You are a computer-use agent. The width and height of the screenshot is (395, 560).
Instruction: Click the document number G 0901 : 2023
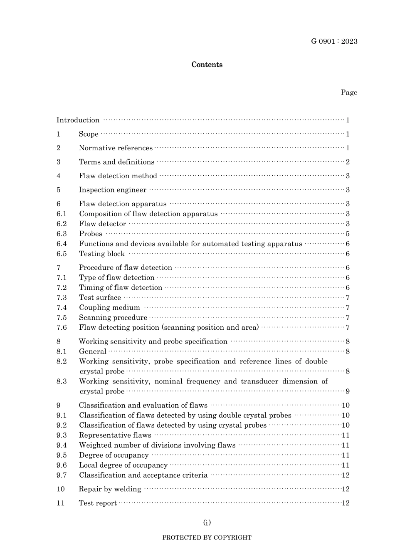click(x=334, y=41)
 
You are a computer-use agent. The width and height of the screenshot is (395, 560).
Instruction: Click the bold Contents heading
click(x=207, y=65)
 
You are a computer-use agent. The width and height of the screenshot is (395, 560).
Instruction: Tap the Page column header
click(x=348, y=92)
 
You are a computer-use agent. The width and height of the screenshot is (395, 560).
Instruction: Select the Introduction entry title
click(x=78, y=120)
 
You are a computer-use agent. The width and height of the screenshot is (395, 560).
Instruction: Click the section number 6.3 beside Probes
click(x=62, y=234)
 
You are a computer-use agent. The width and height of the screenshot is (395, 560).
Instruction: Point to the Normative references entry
click(x=116, y=148)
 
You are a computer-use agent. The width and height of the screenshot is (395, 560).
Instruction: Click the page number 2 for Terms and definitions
click(x=348, y=162)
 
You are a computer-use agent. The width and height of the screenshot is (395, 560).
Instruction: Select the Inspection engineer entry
click(x=112, y=190)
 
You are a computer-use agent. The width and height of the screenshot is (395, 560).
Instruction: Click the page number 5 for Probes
click(x=348, y=234)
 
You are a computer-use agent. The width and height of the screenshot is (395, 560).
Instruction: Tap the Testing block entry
click(x=101, y=254)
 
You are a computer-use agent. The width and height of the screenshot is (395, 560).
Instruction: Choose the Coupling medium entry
click(x=109, y=308)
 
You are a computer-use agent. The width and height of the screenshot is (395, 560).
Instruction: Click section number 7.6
click(x=62, y=328)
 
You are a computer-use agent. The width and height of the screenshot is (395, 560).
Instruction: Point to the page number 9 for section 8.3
click(x=348, y=391)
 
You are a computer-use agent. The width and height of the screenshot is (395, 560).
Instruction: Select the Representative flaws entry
click(x=115, y=435)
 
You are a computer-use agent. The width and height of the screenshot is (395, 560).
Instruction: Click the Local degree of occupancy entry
click(x=123, y=465)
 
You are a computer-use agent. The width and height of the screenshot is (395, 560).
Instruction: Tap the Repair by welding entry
click(x=110, y=489)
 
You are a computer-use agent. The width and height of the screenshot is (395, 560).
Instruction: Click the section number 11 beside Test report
click(x=61, y=503)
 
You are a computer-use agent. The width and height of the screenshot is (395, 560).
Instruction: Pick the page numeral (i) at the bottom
click(x=207, y=523)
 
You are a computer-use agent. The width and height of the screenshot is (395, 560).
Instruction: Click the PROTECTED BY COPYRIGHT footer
click(x=207, y=538)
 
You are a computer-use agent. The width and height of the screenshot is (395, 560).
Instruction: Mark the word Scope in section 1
click(x=89, y=134)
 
